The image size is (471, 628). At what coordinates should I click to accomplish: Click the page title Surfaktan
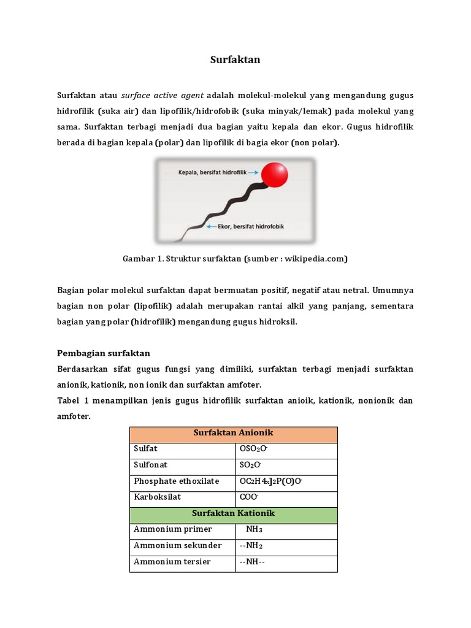click(x=235, y=59)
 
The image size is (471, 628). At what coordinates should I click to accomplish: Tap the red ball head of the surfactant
click(x=274, y=175)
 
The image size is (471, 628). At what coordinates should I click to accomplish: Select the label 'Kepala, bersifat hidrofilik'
click(x=212, y=173)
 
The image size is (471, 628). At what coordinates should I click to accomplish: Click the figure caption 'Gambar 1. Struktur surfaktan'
click(x=182, y=259)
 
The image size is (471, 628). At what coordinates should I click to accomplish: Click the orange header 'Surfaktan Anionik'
click(x=233, y=433)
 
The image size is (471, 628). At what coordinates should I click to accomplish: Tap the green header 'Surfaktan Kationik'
click(x=233, y=513)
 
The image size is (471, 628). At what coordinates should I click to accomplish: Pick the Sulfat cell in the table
click(x=146, y=449)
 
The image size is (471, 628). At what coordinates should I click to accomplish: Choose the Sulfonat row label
click(x=150, y=465)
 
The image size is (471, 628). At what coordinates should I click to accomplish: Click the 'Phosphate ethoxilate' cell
click(x=176, y=481)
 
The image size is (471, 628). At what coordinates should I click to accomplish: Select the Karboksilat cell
click(x=158, y=497)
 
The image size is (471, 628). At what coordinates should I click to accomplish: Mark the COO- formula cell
click(x=249, y=497)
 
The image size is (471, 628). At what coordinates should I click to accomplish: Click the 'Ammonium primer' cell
click(x=172, y=529)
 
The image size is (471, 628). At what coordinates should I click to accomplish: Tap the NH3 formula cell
click(x=254, y=529)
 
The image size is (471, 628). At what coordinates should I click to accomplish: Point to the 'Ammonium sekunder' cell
click(x=177, y=545)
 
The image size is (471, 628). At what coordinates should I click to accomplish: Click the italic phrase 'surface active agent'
click(x=163, y=96)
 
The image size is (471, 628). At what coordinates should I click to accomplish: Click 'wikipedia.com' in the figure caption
click(x=314, y=259)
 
